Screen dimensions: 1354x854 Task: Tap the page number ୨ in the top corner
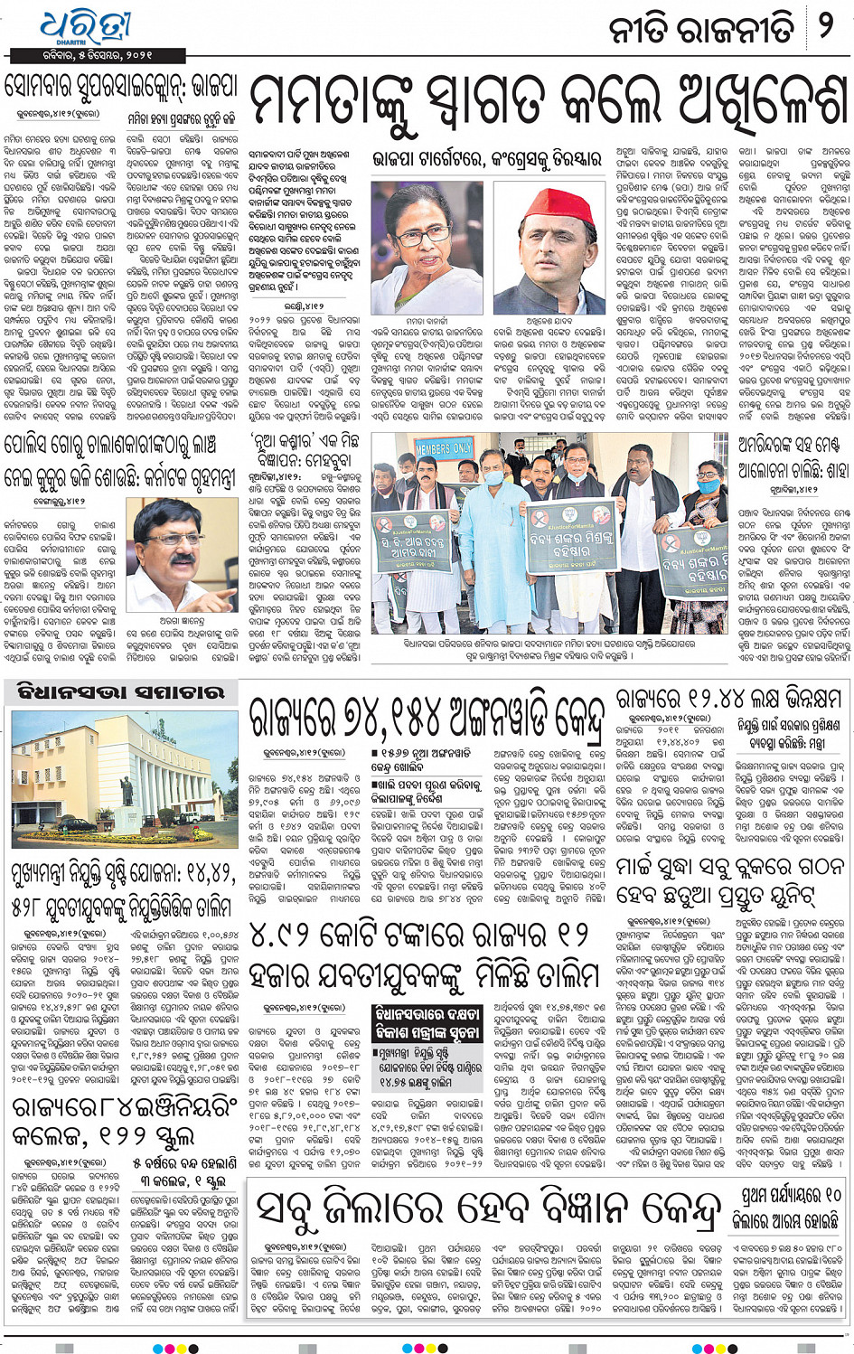click(825, 26)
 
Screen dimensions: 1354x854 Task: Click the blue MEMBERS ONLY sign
click(446, 449)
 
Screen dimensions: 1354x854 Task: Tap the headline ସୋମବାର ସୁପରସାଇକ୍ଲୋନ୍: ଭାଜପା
click(121, 88)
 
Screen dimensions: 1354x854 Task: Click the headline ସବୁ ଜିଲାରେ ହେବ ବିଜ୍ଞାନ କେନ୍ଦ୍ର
click(489, 1208)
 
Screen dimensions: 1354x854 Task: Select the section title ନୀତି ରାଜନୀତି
click(701, 28)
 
